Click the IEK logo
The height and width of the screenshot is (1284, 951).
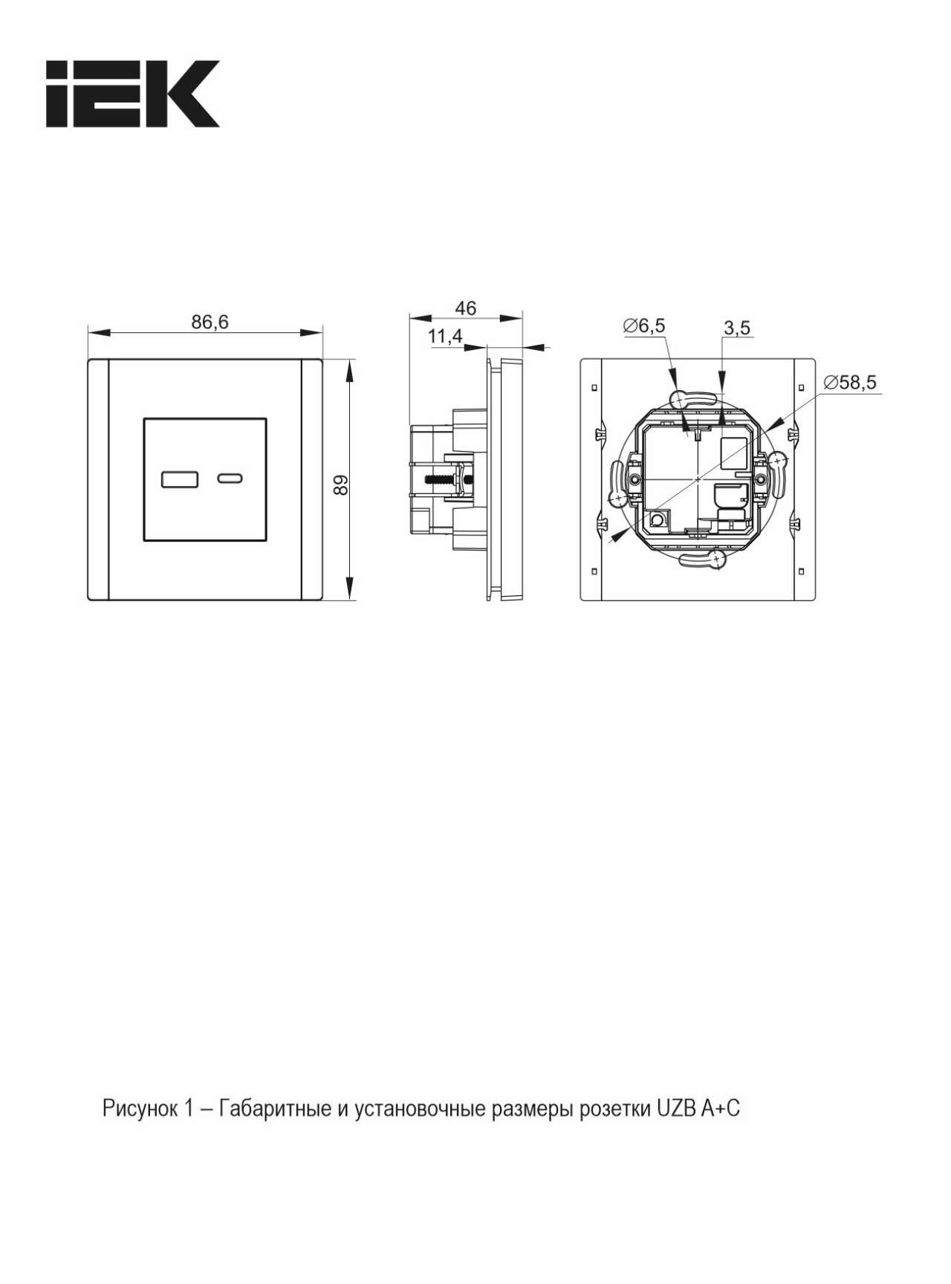coord(133,94)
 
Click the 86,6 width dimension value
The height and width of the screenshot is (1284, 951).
coord(210,322)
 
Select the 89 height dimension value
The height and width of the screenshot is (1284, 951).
coord(340,485)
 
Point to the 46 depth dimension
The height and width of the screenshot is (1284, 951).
coord(466,308)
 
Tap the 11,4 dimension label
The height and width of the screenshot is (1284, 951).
coord(445,337)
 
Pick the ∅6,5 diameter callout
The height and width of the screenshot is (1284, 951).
coord(645,325)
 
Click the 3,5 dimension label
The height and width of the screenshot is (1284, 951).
coord(736,327)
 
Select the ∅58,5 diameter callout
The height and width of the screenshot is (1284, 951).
coord(850,382)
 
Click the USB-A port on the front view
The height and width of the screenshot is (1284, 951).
coord(180,479)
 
